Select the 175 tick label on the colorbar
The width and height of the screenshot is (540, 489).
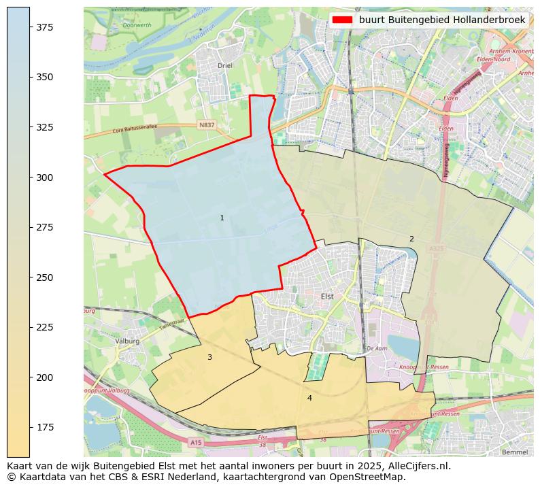coord(44,427)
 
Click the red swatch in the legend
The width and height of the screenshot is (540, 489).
coord(343,20)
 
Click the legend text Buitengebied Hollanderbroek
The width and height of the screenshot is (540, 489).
coord(442,20)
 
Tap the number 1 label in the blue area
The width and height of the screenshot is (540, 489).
coord(222,218)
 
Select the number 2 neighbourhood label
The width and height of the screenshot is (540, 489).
coord(411,239)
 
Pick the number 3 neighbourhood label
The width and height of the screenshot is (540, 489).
coord(209,357)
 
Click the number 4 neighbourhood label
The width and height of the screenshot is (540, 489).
coord(309,398)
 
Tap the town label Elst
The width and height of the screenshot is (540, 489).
coord(327,297)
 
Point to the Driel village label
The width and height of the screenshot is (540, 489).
coord(224,66)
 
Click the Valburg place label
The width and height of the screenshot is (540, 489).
coord(127,341)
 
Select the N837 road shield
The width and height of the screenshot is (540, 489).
coord(206,125)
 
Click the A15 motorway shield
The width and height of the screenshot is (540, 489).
coord(196,443)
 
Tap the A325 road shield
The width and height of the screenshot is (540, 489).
coord(436,250)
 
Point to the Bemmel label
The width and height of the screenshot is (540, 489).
coord(514,452)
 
